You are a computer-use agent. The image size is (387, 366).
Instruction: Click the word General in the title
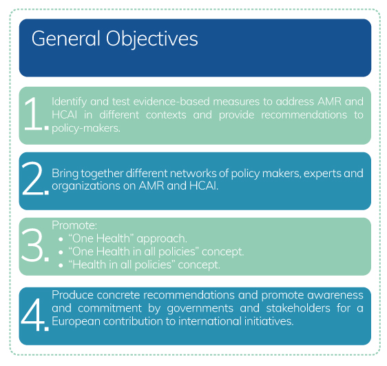pyautogui.click(x=65, y=39)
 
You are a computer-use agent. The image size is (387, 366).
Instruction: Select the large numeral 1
pyautogui.click(x=33, y=113)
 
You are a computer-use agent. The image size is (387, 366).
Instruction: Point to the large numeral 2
pyautogui.click(x=32, y=179)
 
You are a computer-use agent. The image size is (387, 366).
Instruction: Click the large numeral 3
pyautogui.click(x=32, y=245)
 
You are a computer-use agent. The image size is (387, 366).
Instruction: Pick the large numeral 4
pyautogui.click(x=33, y=314)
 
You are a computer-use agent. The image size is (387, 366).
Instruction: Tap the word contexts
pyautogui.click(x=166, y=115)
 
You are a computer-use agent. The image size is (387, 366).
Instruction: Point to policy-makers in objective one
pyautogui.click(x=86, y=128)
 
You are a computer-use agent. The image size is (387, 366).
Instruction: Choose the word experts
pyautogui.click(x=322, y=174)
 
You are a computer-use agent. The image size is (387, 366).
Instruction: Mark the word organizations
pyautogui.click(x=86, y=187)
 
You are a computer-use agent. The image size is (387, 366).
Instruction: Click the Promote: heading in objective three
pyautogui.click(x=74, y=225)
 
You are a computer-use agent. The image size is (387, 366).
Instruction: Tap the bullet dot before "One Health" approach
pyautogui.click(x=61, y=239)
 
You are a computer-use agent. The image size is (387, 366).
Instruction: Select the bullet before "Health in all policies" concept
pyautogui.click(x=61, y=265)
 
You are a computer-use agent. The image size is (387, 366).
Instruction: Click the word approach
pyautogui.click(x=162, y=239)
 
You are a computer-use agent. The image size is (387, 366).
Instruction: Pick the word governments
pyautogui.click(x=200, y=309)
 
